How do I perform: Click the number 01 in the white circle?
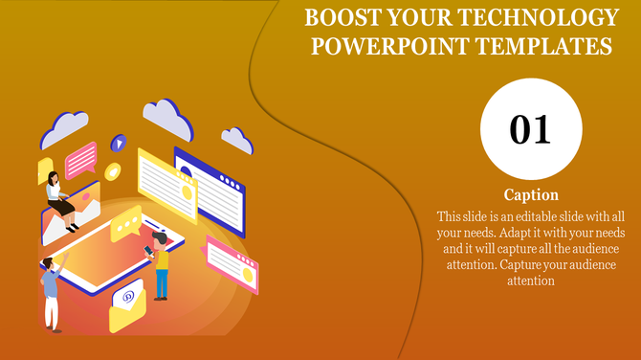click(529, 129)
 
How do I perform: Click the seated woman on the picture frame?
click(60, 197)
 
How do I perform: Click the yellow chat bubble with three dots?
click(124, 226)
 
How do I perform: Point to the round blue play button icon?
click(119, 144)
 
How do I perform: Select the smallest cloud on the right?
click(236, 140)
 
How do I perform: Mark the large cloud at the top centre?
click(168, 117)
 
